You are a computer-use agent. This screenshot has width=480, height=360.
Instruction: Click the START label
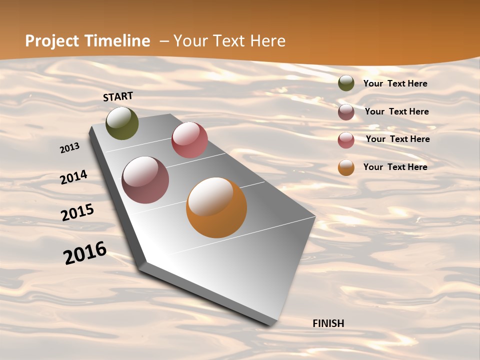[x=118, y=96]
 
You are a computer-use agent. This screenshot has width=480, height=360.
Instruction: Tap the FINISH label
[x=328, y=323]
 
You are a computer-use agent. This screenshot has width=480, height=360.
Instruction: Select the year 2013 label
[x=70, y=147]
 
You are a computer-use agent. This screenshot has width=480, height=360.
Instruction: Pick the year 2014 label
[x=74, y=177]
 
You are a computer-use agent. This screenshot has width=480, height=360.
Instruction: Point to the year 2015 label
[x=77, y=212]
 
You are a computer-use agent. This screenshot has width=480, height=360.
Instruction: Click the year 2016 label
[x=85, y=252]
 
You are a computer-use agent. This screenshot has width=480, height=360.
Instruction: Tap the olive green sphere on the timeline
[x=122, y=123]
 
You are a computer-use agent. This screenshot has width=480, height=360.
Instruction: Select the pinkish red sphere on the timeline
[x=189, y=140]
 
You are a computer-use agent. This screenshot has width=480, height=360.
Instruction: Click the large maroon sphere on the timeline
[x=145, y=180]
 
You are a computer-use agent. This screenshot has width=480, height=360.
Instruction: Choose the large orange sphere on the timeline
[x=216, y=207]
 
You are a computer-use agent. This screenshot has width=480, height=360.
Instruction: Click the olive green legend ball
[x=346, y=83]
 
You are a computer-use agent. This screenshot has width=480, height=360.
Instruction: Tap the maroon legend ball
[x=346, y=112]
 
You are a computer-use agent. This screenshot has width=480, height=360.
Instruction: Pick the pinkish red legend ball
[x=346, y=140]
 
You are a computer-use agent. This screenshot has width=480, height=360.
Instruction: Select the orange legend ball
[x=346, y=167]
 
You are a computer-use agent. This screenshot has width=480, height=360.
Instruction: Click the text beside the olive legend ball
[x=395, y=83]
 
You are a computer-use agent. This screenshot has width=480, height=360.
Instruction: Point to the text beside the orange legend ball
[x=395, y=167]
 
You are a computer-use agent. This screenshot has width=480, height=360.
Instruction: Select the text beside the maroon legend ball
[x=396, y=111]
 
